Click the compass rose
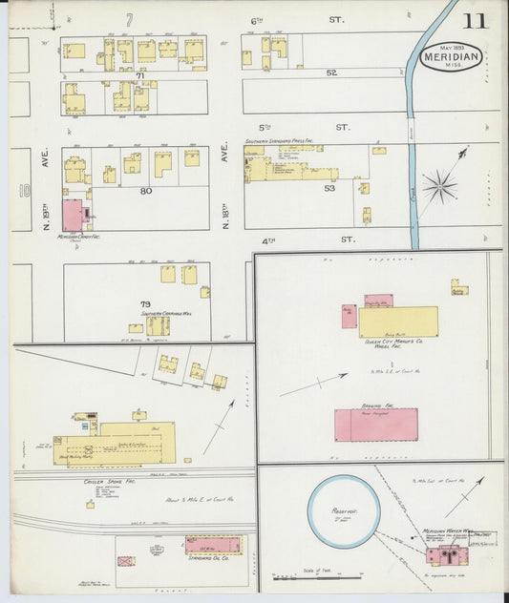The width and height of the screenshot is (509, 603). (439, 184)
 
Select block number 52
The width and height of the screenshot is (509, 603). (331, 73)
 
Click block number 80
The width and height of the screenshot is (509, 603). (145, 190)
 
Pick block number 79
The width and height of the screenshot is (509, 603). (145, 303)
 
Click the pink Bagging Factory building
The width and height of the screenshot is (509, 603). (375, 425)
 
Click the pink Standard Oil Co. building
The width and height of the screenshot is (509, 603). (213, 545)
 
